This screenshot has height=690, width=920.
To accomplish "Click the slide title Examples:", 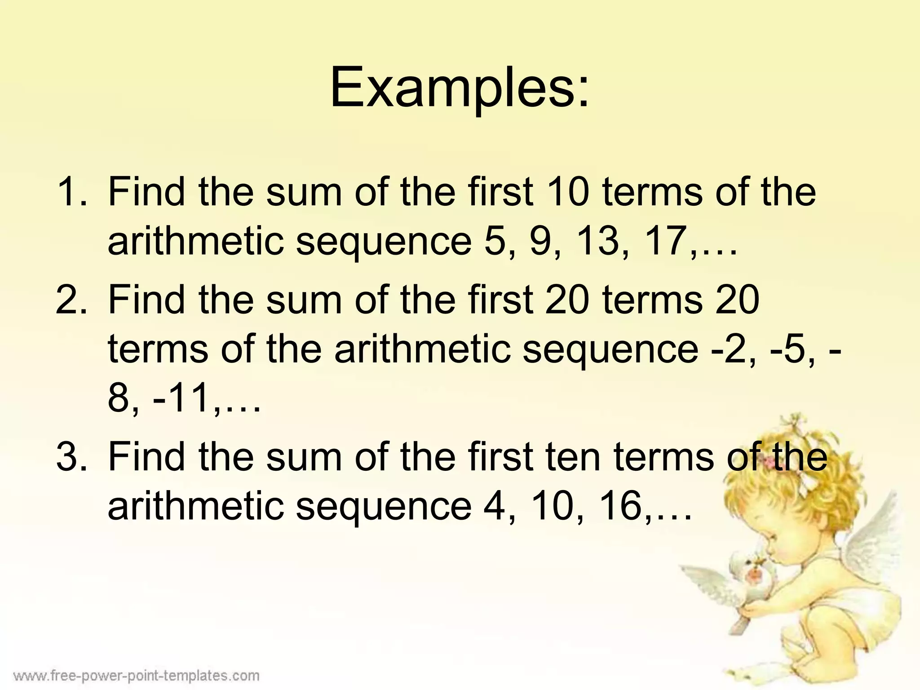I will [459, 88].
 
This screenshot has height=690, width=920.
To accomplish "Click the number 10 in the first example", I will [566, 192].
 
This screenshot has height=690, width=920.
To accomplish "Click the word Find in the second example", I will [146, 300].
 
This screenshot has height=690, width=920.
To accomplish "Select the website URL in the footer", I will [137, 676].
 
